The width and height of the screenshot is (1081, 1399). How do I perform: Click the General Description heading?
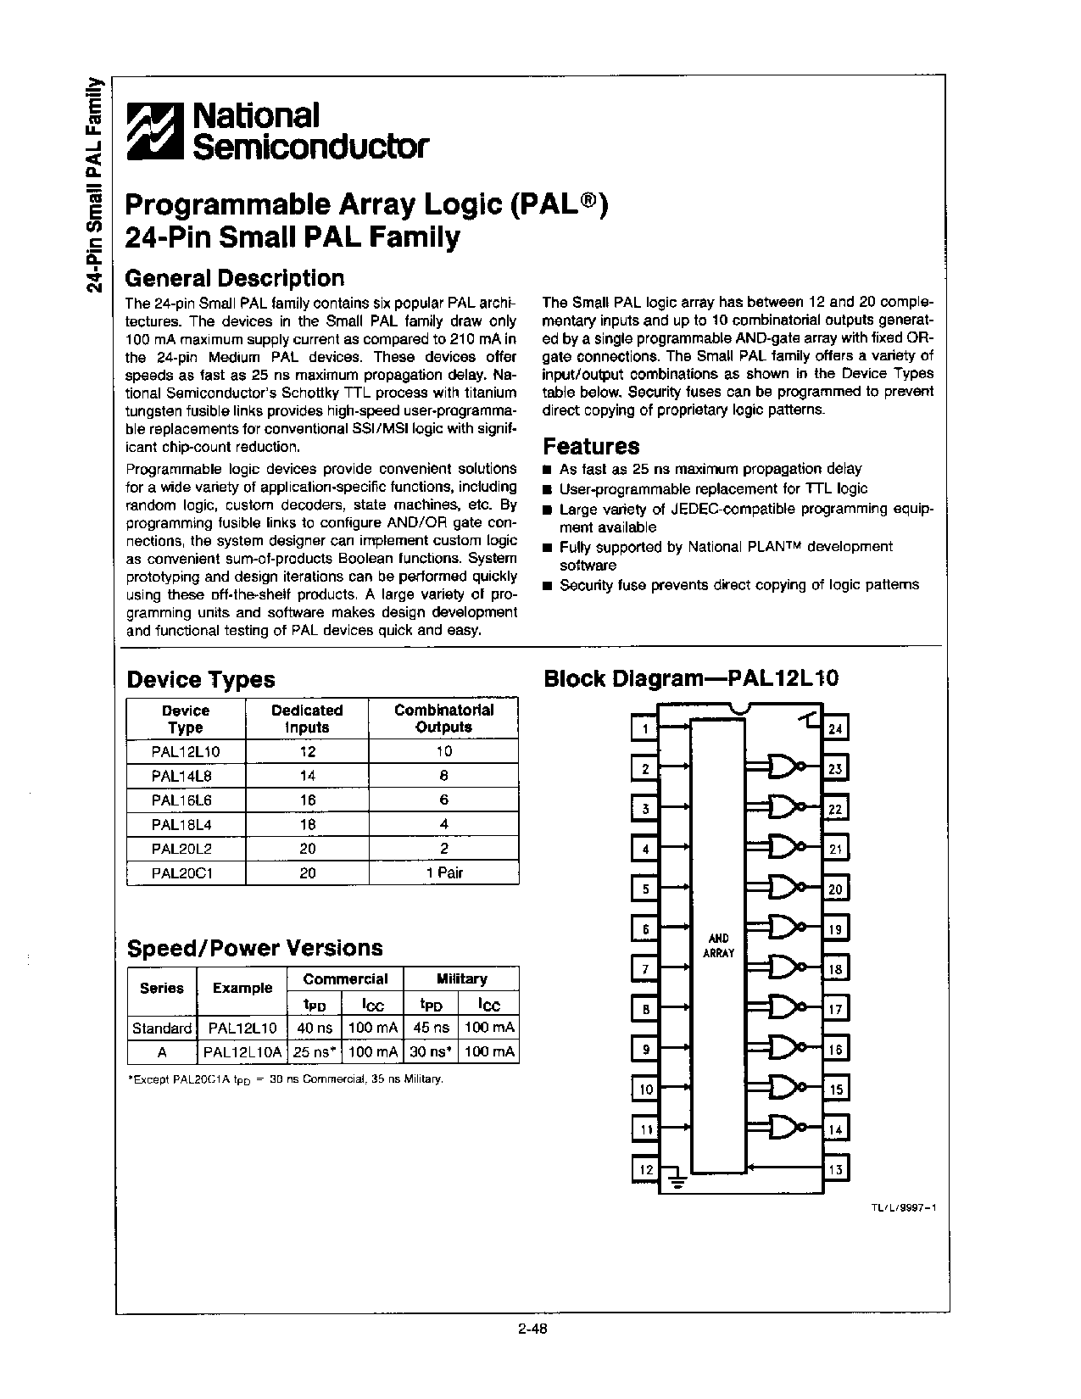(x=235, y=278)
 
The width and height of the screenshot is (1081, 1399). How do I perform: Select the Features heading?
(x=591, y=446)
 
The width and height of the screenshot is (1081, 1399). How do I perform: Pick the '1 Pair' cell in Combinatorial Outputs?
(x=444, y=872)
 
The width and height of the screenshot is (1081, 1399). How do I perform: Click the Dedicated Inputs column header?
(x=307, y=718)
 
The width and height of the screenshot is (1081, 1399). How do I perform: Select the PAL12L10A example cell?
(x=240, y=1052)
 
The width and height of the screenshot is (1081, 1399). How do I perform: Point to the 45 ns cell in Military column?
(x=431, y=1028)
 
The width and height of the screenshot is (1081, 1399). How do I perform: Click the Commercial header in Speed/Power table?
(x=345, y=978)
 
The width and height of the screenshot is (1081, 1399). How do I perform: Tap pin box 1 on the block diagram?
(x=645, y=728)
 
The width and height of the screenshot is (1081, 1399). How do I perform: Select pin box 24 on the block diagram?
(x=836, y=729)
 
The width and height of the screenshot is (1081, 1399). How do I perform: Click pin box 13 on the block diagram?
(x=836, y=1170)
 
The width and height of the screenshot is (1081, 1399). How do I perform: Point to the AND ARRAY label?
(x=718, y=945)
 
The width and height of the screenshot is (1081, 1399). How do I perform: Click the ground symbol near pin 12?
(x=676, y=1179)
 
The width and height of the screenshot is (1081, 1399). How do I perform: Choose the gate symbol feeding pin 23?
(x=787, y=766)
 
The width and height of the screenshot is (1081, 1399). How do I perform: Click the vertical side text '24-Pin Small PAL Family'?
(x=96, y=184)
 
